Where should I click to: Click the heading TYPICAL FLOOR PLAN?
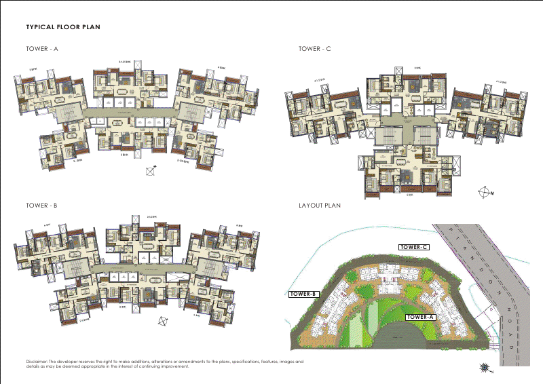tap(64, 28)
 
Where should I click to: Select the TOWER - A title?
tap(42, 49)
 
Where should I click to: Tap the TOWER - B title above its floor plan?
tap(42, 205)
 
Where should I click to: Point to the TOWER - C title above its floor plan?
tap(315, 49)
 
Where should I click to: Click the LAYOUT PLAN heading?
tap(320, 205)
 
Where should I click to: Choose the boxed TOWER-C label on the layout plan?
tap(414, 247)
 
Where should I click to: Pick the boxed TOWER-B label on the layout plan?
tap(303, 294)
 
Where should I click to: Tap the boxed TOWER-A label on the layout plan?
tap(421, 317)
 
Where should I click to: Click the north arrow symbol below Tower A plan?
tap(151, 171)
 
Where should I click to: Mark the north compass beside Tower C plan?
tap(485, 192)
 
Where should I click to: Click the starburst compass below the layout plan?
tap(485, 367)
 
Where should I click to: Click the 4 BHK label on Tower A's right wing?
tap(221, 67)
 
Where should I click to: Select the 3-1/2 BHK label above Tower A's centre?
tap(126, 62)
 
